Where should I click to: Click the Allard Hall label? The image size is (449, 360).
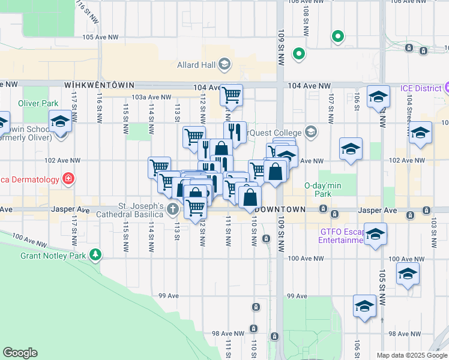point(196,64)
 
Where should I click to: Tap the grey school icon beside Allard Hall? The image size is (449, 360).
point(224,64)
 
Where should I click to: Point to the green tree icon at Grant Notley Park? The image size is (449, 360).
point(95,255)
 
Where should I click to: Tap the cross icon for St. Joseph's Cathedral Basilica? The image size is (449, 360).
point(173,209)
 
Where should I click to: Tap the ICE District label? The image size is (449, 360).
point(421,89)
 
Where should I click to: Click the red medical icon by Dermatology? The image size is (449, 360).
point(69,179)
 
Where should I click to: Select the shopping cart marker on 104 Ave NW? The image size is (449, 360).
point(231,95)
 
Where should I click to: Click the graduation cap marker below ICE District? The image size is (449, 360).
point(379,97)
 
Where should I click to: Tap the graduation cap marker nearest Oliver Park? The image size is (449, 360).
point(60,122)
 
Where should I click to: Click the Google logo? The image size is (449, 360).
point(20,353)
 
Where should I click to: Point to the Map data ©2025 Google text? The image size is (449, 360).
point(411,355)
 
